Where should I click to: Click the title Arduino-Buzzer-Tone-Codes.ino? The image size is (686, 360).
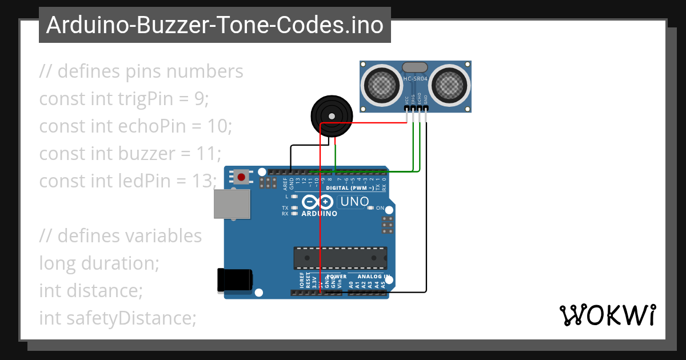tap(214, 25)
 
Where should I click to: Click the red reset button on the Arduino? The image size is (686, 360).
tap(241, 177)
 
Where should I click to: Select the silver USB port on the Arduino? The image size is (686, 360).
tap(232, 203)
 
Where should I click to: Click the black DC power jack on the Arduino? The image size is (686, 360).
tap(234, 280)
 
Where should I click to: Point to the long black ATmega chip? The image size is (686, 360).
tap(340, 258)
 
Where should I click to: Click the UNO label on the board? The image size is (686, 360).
tap(354, 202)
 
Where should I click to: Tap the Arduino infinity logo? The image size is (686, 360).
tap(318, 202)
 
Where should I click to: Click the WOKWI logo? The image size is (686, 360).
tap(607, 315)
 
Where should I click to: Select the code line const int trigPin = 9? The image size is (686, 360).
tap(124, 99)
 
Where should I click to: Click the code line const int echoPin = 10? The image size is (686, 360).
tap(135, 126)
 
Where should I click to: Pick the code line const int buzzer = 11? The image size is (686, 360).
tap(130, 154)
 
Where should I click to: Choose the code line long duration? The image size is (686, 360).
tap(98, 263)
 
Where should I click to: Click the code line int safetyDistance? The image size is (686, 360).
tap(118, 318)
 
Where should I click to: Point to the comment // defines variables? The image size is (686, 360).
tap(121, 236)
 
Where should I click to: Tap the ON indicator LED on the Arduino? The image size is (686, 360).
tap(371, 208)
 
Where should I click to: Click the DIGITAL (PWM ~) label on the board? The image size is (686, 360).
tap(350, 188)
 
